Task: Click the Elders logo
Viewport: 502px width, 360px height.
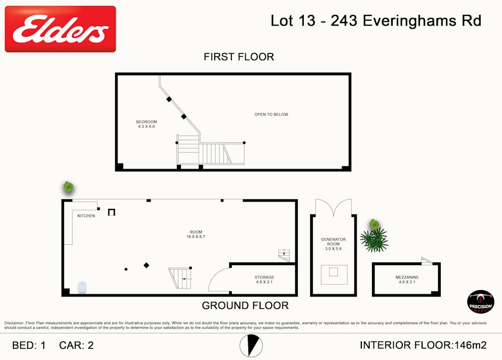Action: pyautogui.click(x=60, y=29)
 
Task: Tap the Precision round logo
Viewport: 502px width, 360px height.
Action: pyautogui.click(x=480, y=302)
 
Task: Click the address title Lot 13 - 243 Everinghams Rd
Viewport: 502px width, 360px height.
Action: pyautogui.click(x=376, y=21)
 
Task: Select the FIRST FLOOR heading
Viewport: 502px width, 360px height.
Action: pyautogui.click(x=239, y=57)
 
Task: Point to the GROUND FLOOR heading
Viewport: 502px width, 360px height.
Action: pyautogui.click(x=245, y=306)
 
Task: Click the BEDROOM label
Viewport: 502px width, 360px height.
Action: pyautogui.click(x=146, y=124)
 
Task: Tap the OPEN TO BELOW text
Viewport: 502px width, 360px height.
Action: pyautogui.click(x=271, y=115)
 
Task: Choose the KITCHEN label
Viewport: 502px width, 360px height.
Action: pyautogui.click(x=86, y=216)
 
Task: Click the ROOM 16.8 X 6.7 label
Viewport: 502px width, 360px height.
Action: pyautogui.click(x=196, y=234)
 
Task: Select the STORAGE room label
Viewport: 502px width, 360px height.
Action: pyautogui.click(x=264, y=279)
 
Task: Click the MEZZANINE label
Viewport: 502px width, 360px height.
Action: pyautogui.click(x=407, y=279)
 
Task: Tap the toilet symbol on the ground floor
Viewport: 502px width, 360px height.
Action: pyautogui.click(x=82, y=287)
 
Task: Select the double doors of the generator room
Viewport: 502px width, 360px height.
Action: pyautogui.click(x=333, y=207)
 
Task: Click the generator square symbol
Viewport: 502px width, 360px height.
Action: pyautogui.click(x=333, y=273)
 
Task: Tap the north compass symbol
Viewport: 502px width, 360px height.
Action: pyautogui.click(x=250, y=346)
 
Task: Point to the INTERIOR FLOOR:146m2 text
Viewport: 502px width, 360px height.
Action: pyautogui.click(x=423, y=345)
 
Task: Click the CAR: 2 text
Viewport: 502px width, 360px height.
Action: pyautogui.click(x=76, y=345)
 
